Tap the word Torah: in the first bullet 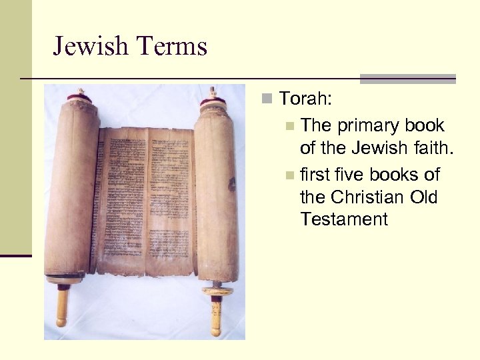tap(307, 99)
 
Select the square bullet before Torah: tap(267, 100)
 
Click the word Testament tap(344, 219)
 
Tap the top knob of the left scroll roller tap(81, 93)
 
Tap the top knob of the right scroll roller tap(212, 92)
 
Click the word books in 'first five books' tap(395, 175)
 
